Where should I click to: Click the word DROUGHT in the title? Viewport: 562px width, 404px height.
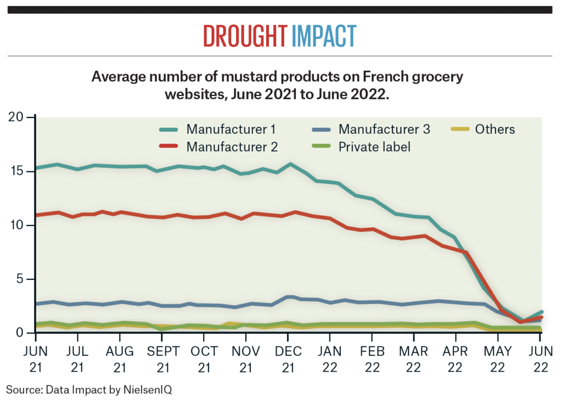pos(244,36)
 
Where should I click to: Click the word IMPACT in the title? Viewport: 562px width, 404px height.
pos(324,36)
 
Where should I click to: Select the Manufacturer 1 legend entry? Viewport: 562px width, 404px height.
pos(231,130)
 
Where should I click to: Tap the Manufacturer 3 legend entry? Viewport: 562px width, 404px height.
pos(384,130)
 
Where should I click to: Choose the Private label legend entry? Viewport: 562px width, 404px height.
pos(374,147)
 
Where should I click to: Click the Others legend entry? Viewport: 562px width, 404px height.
pos(494,130)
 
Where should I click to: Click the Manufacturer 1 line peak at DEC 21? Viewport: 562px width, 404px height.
pos(290,164)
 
